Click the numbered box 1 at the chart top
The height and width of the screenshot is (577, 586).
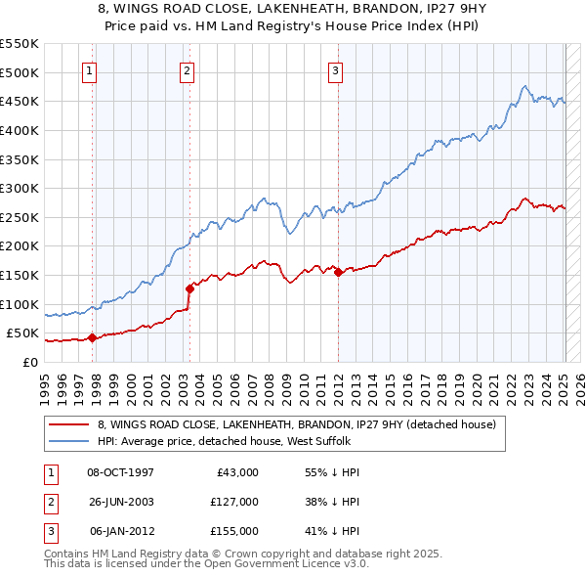(90, 69)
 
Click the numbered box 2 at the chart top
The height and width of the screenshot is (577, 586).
(186, 69)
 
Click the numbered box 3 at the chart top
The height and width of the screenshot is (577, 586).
(335, 69)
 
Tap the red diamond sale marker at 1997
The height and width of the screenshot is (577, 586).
(92, 337)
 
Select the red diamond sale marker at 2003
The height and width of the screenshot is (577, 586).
(190, 288)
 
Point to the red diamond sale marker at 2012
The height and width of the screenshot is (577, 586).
(338, 273)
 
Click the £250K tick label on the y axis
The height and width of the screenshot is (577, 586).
(20, 217)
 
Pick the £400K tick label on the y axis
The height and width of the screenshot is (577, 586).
(20, 130)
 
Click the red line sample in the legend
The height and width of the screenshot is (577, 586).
(69, 424)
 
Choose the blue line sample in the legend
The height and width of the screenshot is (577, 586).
(69, 440)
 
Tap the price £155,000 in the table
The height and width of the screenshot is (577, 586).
(233, 531)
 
